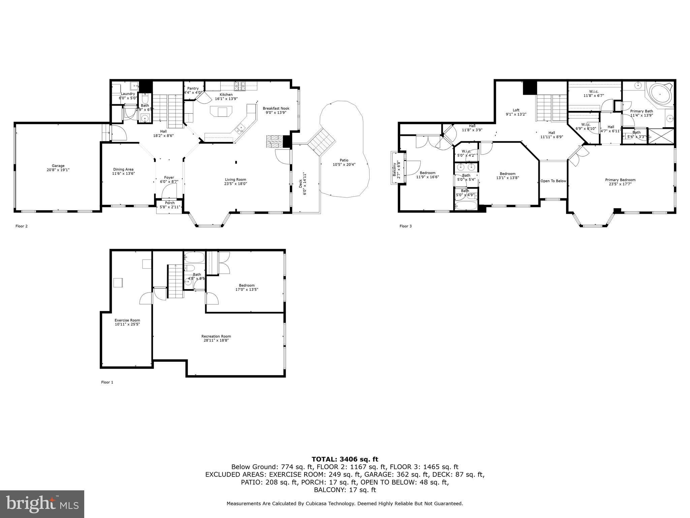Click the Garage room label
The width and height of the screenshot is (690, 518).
pos(58,166)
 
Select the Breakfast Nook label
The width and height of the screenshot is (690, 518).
pos(276,108)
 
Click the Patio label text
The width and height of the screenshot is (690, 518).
pos(344,160)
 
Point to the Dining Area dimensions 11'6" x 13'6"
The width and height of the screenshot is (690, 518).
pos(123,173)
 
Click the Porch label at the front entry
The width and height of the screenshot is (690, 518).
pos(170,203)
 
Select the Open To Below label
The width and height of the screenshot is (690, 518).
pos(553,181)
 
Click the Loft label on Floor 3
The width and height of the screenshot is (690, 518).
pos(516,110)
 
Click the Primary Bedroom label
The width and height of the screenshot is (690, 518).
pos(620,180)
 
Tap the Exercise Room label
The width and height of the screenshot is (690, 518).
pos(127,320)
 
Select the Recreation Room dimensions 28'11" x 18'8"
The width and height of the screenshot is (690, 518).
pos(216,340)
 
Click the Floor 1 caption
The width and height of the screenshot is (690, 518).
pos(107,382)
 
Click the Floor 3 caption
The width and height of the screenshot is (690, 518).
pos(405,226)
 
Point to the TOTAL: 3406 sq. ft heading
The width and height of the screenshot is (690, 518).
pos(345,459)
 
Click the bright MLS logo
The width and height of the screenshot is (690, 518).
pos(42,504)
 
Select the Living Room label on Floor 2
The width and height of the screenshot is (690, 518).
pos(236,179)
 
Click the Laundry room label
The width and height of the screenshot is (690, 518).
pos(128,94)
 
